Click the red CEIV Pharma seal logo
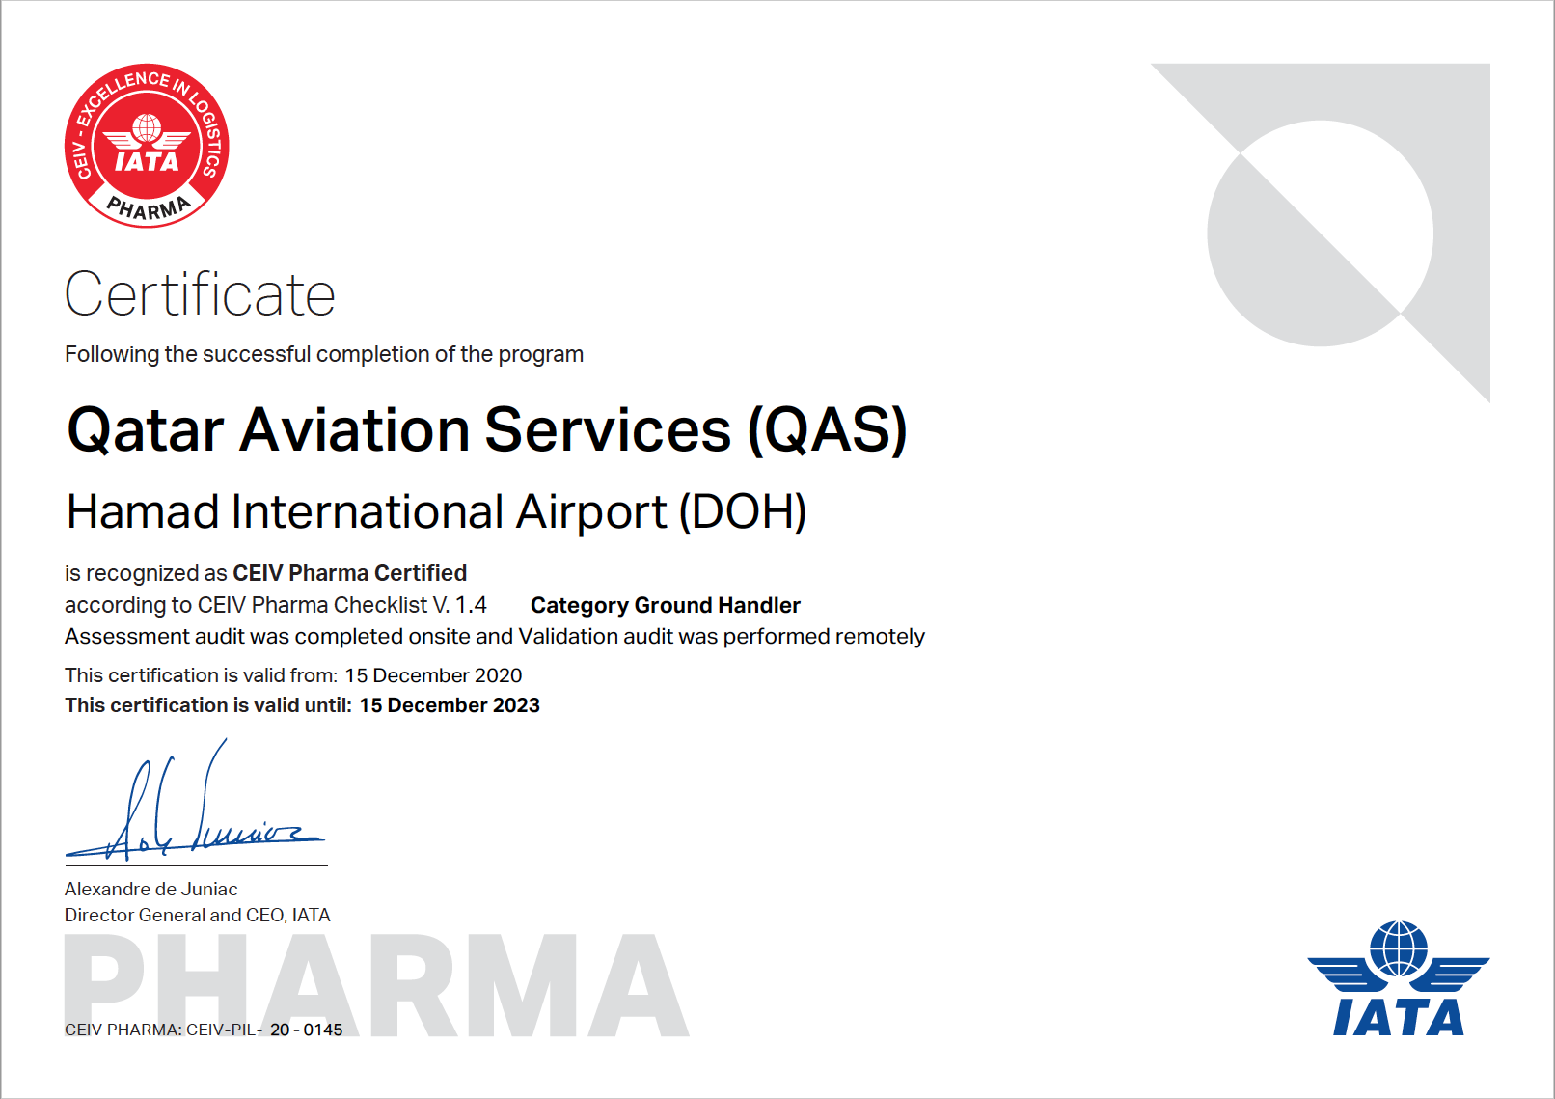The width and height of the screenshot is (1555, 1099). click(x=147, y=146)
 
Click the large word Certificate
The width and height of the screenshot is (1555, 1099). click(x=200, y=294)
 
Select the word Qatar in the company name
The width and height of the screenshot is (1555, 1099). click(x=145, y=430)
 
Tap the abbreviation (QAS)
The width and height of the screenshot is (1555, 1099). click(x=827, y=430)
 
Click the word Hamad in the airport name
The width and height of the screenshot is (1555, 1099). click(x=143, y=511)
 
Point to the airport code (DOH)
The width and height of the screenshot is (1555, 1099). click(x=743, y=511)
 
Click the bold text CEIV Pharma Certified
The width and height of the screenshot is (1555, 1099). click(x=350, y=573)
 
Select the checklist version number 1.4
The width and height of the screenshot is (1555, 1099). click(x=471, y=605)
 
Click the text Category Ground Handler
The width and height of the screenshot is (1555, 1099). click(x=665, y=605)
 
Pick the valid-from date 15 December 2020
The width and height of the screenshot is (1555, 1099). click(x=433, y=674)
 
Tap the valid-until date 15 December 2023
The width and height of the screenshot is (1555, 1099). click(x=450, y=705)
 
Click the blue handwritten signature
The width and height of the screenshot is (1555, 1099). click(x=195, y=806)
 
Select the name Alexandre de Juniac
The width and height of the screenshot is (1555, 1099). click(x=150, y=889)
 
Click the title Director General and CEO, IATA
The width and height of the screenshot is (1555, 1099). click(x=197, y=915)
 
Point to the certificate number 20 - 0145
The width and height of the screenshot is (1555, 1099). click(x=306, y=1030)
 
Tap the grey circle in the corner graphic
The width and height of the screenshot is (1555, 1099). click(x=1321, y=234)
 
